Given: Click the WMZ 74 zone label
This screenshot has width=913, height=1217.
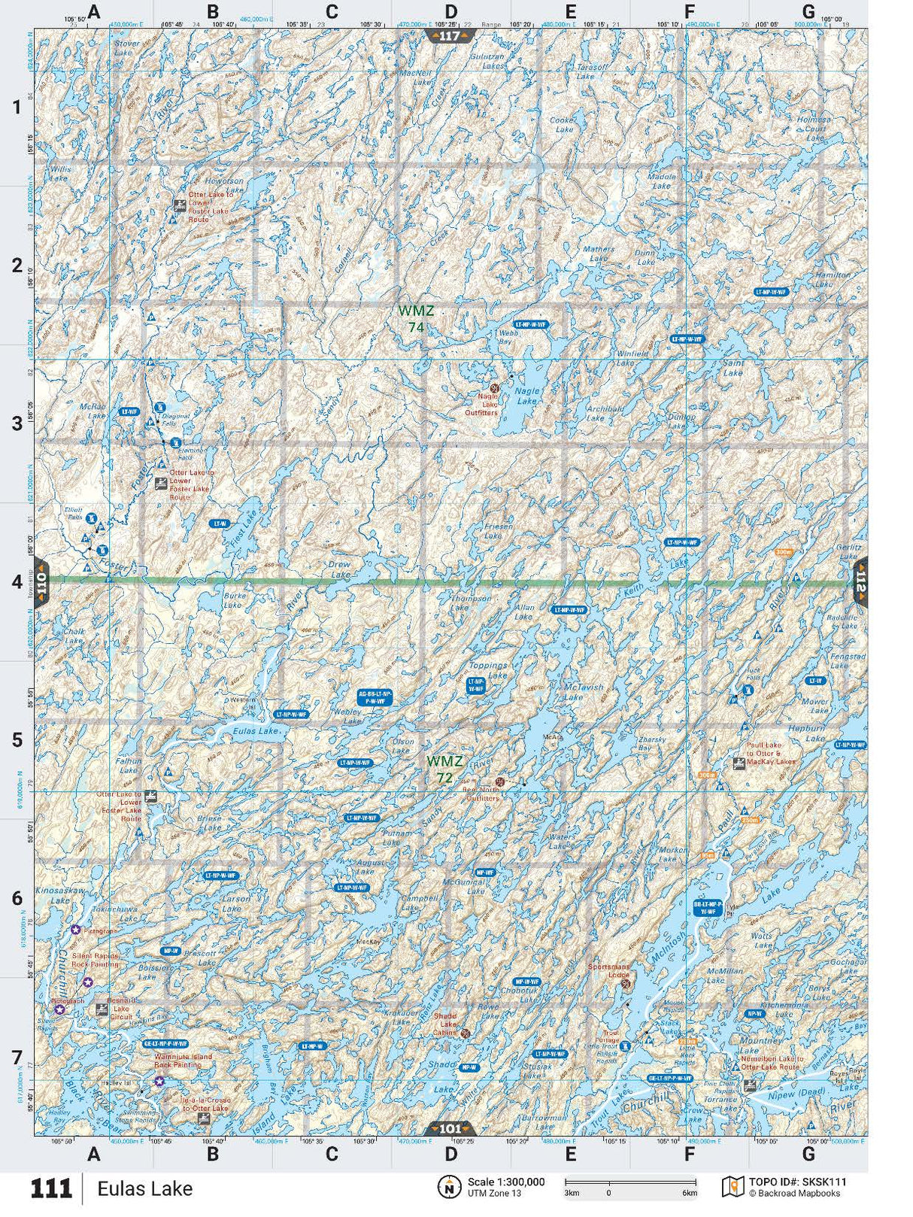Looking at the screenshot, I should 416,318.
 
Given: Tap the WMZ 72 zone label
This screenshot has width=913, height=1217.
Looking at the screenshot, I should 444,769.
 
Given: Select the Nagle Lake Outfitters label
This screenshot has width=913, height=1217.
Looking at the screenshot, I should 481,404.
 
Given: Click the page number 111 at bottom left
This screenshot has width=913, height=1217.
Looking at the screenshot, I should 50,1189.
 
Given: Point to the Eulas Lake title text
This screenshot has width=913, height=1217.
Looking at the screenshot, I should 144,1189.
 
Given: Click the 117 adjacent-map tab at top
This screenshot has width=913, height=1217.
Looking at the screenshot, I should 450,36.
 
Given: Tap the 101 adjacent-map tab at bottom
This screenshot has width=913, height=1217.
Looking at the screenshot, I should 450,1128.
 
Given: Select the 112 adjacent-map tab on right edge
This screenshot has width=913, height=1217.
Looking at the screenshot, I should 860,582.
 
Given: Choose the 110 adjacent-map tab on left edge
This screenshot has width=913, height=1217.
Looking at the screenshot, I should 41,581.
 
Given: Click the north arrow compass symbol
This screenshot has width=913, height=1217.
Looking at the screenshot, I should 449,1187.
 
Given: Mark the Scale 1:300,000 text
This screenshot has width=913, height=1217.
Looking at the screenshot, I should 505,1182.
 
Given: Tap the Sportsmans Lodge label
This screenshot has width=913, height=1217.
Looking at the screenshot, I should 608,971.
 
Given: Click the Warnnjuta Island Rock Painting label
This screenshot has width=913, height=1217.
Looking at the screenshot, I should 183,1061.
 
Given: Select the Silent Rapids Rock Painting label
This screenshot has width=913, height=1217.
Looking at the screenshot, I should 95,960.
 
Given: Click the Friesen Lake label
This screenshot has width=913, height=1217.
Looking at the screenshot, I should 498,531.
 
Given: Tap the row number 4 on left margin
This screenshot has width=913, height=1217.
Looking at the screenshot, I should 17,582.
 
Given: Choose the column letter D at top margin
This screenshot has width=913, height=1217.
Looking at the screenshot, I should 450,11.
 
